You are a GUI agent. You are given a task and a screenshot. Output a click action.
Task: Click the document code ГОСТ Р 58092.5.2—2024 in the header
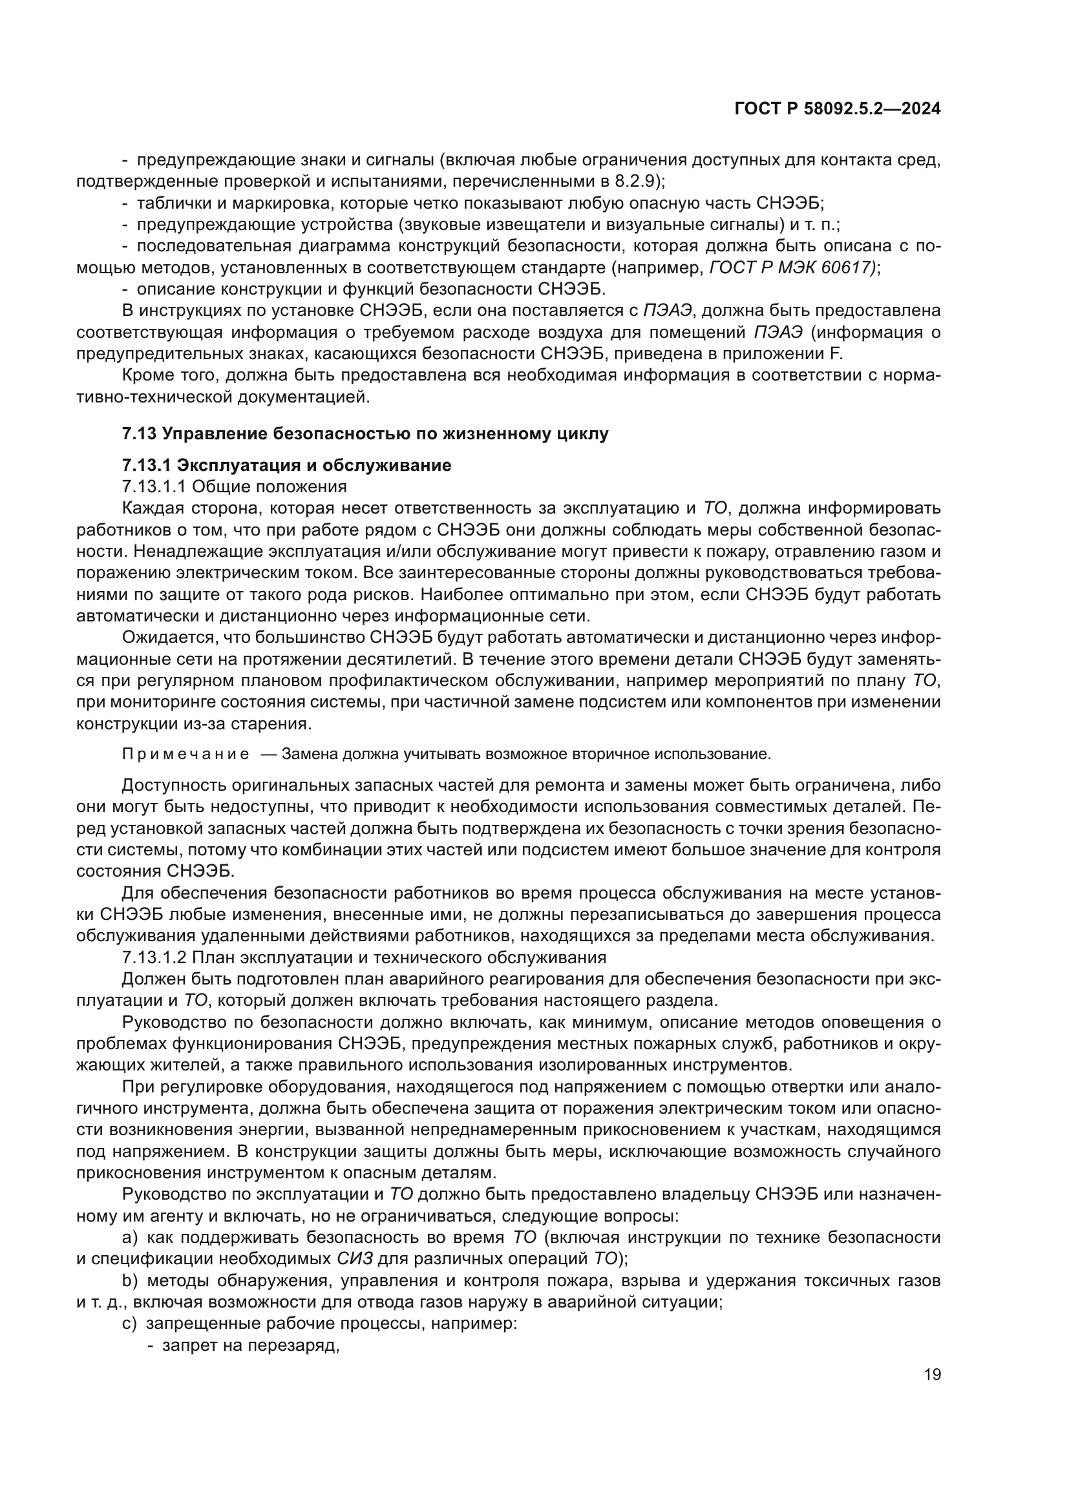point(836,109)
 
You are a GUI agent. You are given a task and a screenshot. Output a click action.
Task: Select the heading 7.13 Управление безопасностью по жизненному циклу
point(365,433)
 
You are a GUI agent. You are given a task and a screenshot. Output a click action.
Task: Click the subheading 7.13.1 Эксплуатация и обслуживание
point(286,465)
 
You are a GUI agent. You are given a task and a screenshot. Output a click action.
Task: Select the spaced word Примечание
point(185,754)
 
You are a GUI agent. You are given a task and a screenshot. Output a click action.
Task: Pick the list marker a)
point(130,1237)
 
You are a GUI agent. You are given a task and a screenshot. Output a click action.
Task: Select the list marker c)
point(130,1324)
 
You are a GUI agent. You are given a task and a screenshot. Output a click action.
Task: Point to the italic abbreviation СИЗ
point(355,1259)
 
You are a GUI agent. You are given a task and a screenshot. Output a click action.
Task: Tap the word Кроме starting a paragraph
point(145,376)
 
